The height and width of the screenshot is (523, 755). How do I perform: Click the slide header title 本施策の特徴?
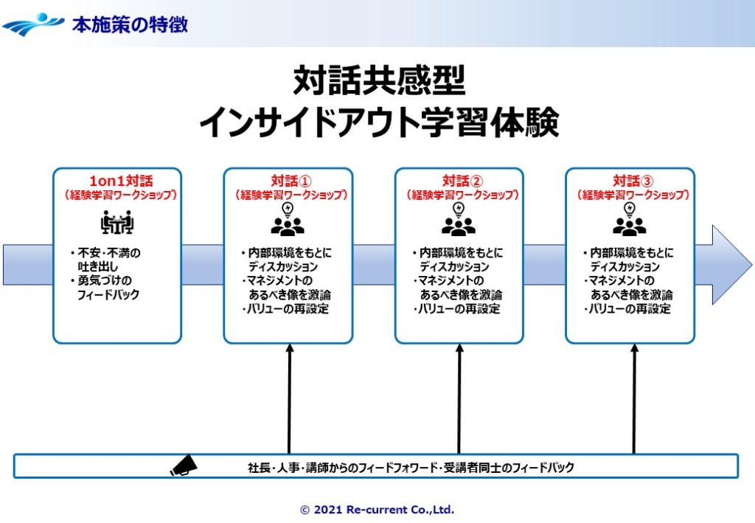coord(130,24)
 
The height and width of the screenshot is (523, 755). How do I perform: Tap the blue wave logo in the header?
coord(33,24)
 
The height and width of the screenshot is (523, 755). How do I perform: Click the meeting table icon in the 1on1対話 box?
coord(116,221)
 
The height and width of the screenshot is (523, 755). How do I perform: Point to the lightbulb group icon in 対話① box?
coord(288,219)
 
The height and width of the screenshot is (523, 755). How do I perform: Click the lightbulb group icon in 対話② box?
coord(459,219)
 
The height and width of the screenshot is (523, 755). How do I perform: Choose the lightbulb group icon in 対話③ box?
coord(630,219)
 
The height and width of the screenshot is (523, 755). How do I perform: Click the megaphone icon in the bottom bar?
coord(184,466)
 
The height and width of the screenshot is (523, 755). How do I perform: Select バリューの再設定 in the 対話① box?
coord(289,309)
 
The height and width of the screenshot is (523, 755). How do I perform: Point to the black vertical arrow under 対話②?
coord(459,398)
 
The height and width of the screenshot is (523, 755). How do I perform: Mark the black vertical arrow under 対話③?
coord(634,398)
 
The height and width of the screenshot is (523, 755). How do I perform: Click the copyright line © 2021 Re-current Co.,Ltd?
coord(377,510)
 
